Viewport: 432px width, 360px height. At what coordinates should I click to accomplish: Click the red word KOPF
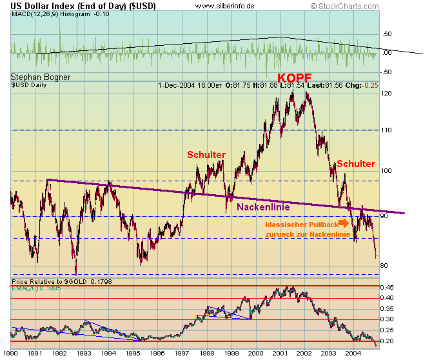pos(294,78)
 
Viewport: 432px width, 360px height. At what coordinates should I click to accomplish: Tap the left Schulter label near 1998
pos(206,155)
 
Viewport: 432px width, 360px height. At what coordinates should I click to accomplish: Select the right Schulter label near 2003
pos(355,164)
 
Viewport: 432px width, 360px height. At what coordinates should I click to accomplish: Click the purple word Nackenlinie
pos(262,207)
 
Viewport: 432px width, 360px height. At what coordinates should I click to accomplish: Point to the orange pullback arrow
pos(344,223)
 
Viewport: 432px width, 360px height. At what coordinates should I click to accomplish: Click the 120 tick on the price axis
pos(386,94)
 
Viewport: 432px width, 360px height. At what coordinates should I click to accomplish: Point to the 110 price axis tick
pos(386,130)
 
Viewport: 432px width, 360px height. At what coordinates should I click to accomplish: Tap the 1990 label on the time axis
pos(10,354)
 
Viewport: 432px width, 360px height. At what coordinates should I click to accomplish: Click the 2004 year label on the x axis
pos(353,354)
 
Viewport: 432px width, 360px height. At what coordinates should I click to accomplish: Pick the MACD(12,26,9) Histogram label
pos(50,14)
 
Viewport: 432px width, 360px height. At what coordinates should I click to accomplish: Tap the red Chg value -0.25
pos(369,85)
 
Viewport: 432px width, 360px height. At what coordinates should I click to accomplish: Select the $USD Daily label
pos(31,85)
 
